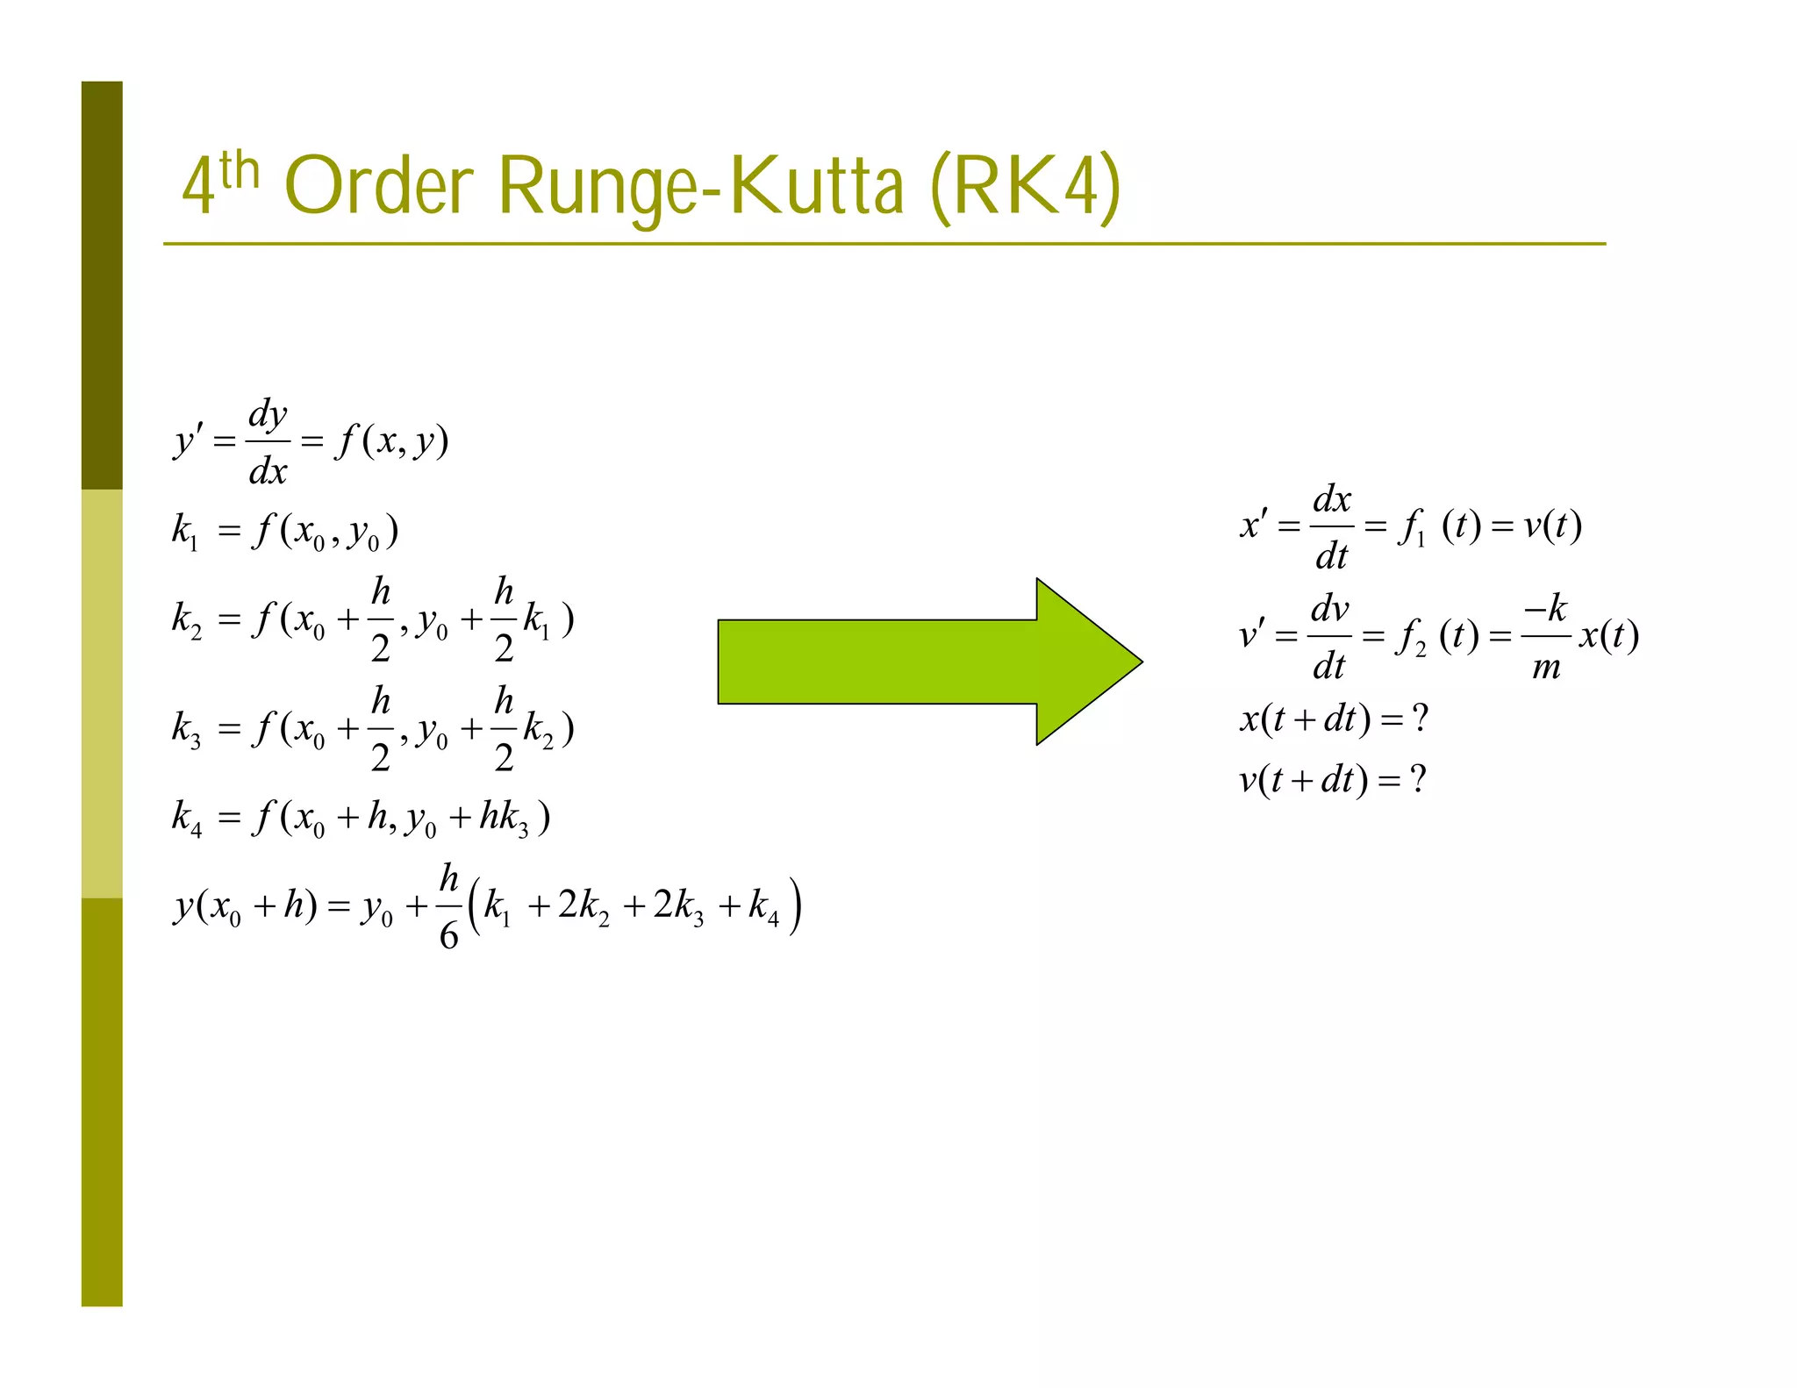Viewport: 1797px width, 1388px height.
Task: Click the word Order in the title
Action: point(380,186)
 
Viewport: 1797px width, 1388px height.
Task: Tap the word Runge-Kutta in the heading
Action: point(700,186)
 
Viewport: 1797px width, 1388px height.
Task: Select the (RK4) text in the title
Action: point(1024,186)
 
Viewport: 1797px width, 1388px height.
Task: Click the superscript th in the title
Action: point(240,170)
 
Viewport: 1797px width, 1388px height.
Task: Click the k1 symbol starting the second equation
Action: point(185,532)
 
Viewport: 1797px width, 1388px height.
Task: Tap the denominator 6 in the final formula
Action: point(448,936)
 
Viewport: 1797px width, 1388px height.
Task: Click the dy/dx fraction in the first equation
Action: point(268,442)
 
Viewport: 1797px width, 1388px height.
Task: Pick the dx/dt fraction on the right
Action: point(1331,526)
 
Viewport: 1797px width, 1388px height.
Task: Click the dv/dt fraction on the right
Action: point(1329,636)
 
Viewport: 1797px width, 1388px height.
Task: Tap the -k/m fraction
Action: point(1546,636)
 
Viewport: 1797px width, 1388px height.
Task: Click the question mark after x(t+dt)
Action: point(1421,719)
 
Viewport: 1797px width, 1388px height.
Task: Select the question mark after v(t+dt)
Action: point(1418,778)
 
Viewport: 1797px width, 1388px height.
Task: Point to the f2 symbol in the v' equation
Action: point(1411,637)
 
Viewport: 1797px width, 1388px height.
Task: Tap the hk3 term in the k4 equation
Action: point(504,819)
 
